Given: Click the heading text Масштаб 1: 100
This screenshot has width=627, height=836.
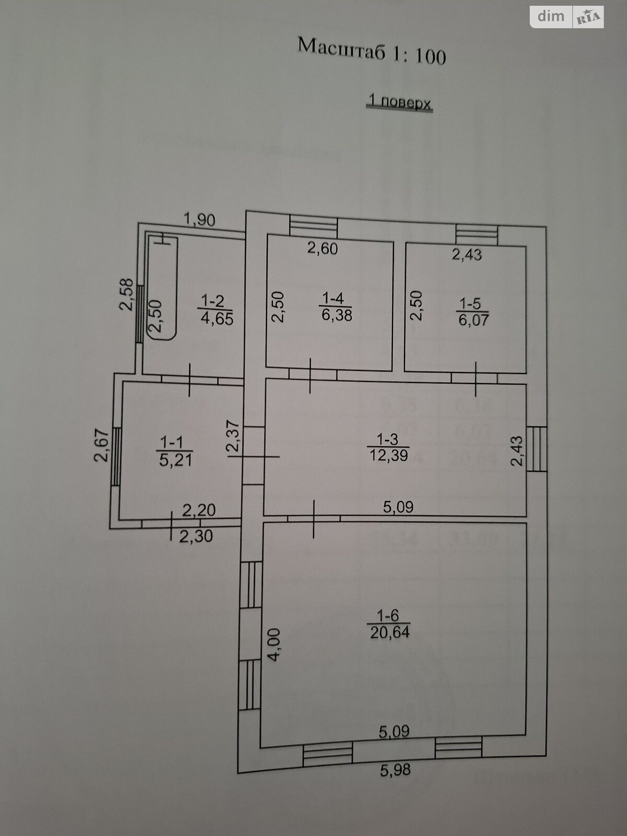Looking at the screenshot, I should (x=371, y=51).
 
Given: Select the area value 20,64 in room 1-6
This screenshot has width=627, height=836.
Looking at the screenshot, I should (x=390, y=633).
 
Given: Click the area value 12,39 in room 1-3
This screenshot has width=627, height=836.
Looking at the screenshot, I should (x=389, y=455).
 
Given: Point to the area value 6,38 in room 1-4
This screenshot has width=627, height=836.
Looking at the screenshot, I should (x=336, y=315).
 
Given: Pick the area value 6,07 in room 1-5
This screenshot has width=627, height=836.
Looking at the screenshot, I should (x=474, y=319).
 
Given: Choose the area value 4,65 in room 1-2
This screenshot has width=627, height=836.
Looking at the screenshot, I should (x=217, y=318).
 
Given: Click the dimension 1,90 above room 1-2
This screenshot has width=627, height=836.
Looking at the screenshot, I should (x=199, y=220).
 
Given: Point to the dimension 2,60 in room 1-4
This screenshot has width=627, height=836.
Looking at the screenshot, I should (x=322, y=249).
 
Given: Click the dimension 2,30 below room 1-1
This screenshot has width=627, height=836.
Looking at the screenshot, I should (x=196, y=536).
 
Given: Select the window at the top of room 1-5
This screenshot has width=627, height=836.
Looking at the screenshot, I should (x=476, y=233).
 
